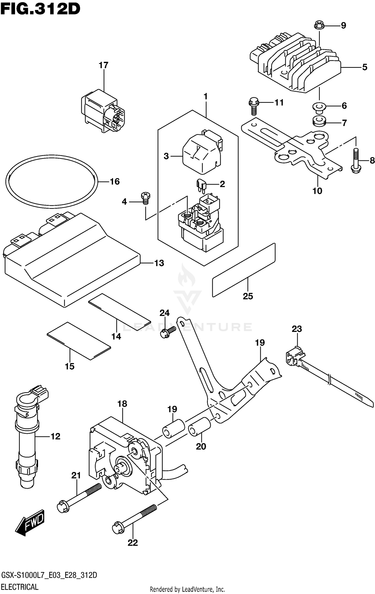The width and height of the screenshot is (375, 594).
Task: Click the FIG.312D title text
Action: click(40, 10)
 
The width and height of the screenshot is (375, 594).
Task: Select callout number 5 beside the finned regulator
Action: click(364, 67)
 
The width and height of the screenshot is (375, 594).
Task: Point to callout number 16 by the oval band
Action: click(115, 182)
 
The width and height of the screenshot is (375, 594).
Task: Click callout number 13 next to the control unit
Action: click(159, 263)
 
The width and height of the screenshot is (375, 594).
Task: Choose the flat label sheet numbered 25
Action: click(244, 270)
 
